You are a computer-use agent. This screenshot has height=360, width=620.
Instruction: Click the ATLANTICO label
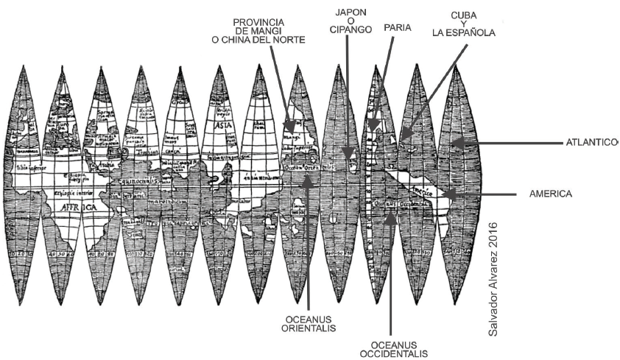click(591, 142)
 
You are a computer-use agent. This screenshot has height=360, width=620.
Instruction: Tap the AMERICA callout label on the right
click(551, 194)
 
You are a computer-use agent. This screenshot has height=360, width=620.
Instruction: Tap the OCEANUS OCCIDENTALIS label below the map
click(393, 349)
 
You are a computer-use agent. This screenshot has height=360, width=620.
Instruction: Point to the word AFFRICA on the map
click(67, 208)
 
